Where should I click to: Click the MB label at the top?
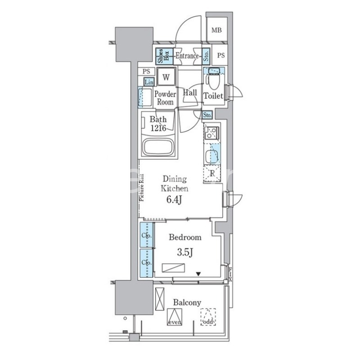coord(217,31)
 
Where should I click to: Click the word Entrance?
coord(186,56)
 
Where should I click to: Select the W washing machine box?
coord(166,76)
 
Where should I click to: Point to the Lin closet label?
coord(149,82)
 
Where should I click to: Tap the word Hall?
coord(189,92)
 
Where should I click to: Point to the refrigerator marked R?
coord(212,173)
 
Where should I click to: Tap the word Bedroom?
coord(184,237)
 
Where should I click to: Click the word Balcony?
coord(186,302)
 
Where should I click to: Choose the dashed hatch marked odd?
coord(208,316)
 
